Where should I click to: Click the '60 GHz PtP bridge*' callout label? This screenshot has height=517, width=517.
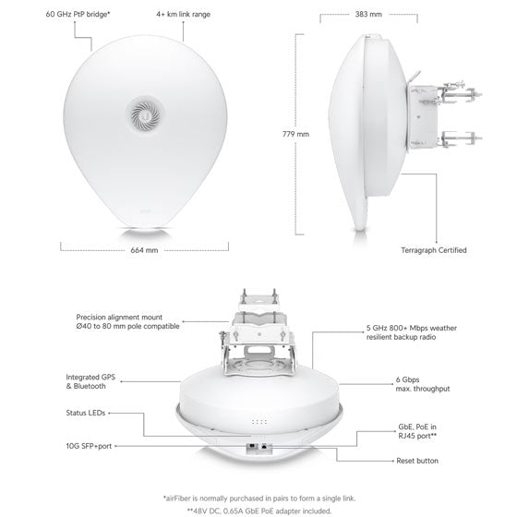click(78, 14)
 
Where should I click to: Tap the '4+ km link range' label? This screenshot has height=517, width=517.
click(183, 14)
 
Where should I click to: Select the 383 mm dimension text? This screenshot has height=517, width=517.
click(368, 14)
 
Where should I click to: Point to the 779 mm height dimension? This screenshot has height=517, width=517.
click(295, 134)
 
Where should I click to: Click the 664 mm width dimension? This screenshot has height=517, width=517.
click(144, 250)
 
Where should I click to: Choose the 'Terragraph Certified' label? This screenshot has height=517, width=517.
click(434, 250)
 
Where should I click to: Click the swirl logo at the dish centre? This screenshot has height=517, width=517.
click(145, 114)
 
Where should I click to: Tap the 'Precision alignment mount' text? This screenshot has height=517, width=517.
click(119, 318)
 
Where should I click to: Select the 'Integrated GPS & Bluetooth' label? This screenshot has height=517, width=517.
click(90, 381)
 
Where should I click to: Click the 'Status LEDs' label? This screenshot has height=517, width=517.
click(85, 413)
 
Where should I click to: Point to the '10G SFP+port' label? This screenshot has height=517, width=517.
click(89, 446)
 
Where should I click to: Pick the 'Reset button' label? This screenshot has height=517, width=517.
click(417, 461)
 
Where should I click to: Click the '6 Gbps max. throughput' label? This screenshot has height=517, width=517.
click(423, 384)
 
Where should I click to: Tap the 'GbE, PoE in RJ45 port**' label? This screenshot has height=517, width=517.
click(417, 431)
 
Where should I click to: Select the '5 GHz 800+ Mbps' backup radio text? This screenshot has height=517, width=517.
click(412, 328)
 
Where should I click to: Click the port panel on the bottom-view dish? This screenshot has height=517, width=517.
click(259, 448)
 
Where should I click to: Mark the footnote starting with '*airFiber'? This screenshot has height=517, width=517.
click(259, 499)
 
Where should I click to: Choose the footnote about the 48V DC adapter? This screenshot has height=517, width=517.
click(259, 511)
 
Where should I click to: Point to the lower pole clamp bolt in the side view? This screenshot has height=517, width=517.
click(461, 138)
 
